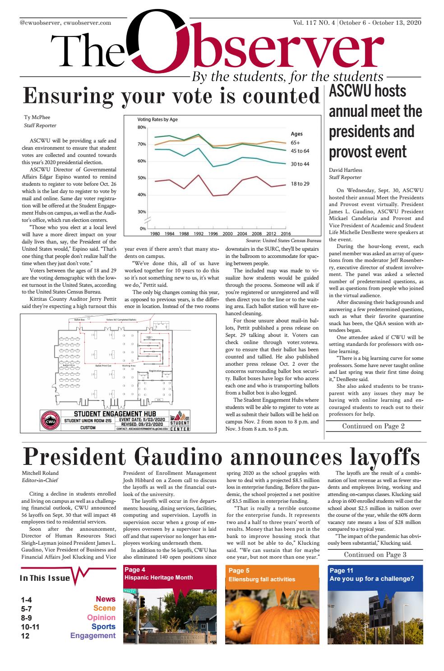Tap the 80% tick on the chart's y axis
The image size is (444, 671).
[142, 128]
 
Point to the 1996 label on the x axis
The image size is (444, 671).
[213, 234]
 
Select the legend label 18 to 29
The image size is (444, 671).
[300, 184]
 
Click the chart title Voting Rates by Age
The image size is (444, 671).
[157, 120]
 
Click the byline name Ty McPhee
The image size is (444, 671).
[37, 118]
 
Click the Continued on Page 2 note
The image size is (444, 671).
[373, 426]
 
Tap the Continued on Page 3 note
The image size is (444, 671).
[375, 555]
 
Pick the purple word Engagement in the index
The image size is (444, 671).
[93, 636]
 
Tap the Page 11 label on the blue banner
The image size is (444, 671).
[342, 571]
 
